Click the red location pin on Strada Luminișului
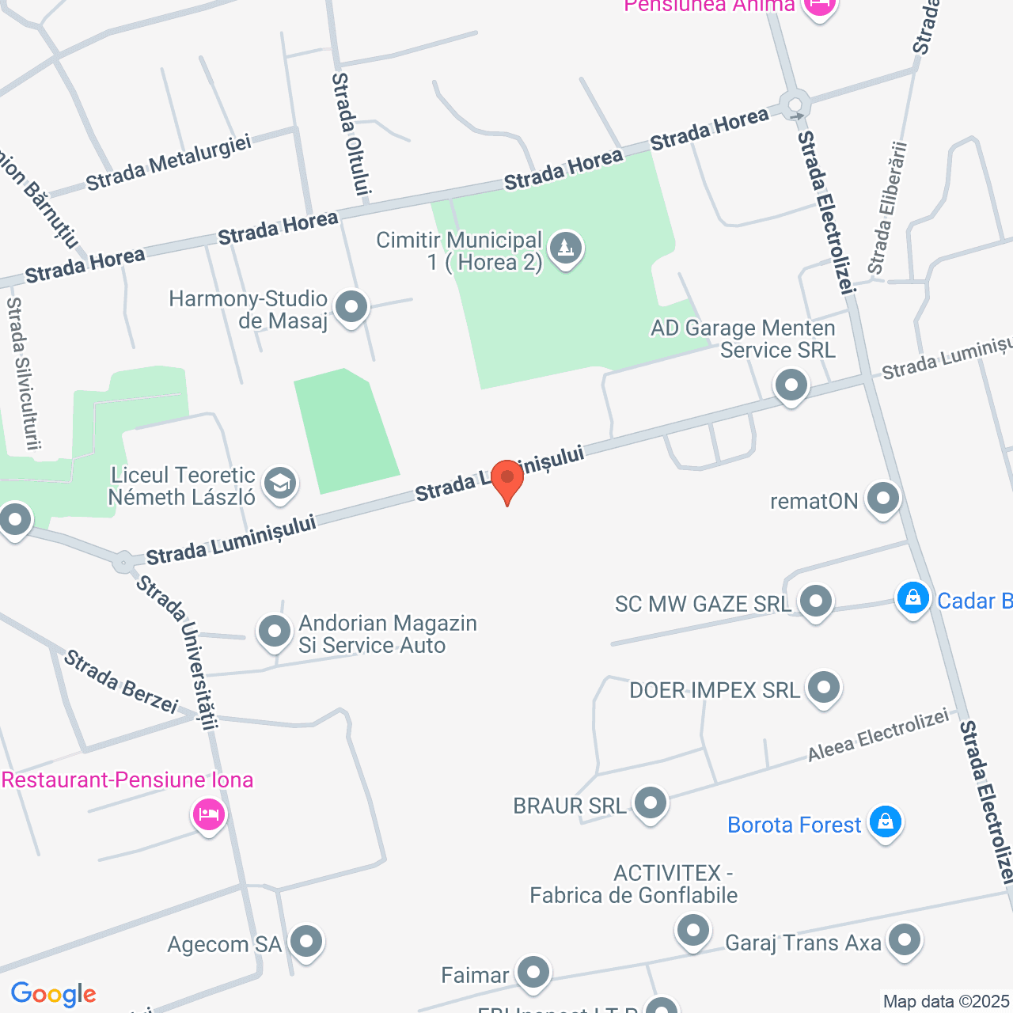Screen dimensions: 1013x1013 pos(507,480)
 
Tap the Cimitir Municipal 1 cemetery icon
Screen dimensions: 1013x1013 pos(565,249)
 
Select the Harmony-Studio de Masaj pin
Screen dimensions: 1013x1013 pos(351,306)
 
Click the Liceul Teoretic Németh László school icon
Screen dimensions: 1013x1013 pos(279,483)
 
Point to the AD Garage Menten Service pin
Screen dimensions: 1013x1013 pos(791,386)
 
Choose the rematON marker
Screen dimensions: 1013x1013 pos(882,499)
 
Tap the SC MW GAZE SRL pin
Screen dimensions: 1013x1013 pos(815,601)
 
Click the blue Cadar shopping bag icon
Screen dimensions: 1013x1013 pos(912,598)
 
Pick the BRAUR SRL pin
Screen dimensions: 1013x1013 pos(651,803)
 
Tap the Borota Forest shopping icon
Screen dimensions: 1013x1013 pos(885,822)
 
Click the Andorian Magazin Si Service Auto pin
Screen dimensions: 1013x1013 pos(275,632)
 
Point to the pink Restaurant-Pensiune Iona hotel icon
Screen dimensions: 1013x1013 pos(209,814)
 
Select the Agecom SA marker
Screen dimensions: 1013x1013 pos(306,942)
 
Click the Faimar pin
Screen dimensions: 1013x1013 pos(533,973)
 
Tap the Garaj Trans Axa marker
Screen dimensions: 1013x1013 pos(904,940)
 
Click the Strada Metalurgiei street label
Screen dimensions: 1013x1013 pos(169,162)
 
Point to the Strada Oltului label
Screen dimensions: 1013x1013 pos(351,133)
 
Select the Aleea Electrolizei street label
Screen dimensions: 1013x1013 pos(878,735)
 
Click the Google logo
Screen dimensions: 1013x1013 pos(53,994)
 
